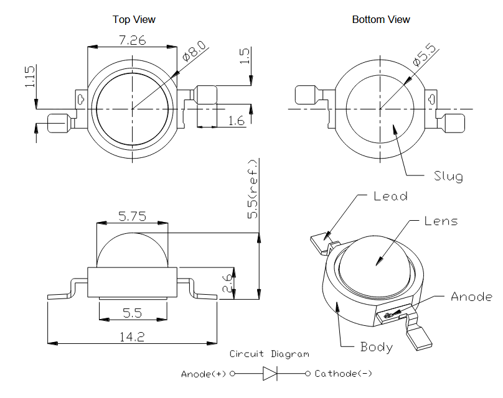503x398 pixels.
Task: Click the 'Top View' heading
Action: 134,19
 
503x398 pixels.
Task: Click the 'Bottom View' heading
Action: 381,19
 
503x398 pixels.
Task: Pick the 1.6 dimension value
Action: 237,121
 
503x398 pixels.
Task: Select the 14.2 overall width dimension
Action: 131,336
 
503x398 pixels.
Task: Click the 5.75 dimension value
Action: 131,216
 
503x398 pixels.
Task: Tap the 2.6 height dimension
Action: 228,283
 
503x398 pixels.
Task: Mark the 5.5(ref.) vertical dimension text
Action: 253,188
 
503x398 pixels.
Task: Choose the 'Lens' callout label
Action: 441,221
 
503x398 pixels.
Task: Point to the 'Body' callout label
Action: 377,346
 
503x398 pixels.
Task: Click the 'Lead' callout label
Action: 390,196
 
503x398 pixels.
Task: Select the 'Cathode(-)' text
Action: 344,374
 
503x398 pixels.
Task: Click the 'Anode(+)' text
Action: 204,374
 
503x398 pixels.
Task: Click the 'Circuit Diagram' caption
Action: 269,354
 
